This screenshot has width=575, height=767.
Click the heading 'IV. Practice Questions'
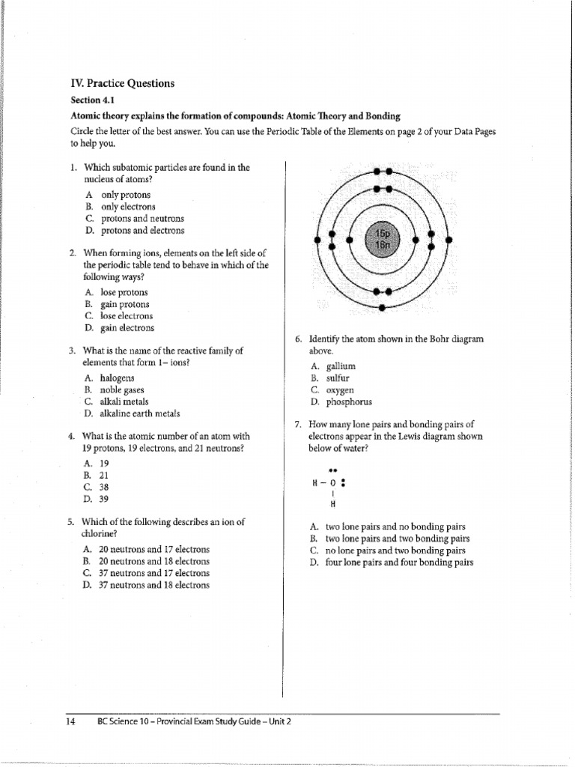[x=123, y=84]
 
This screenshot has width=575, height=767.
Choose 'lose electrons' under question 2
[x=124, y=316]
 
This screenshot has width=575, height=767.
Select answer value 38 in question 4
[x=105, y=486]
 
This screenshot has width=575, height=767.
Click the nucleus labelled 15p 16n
[x=383, y=240]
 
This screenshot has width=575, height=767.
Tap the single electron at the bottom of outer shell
[x=383, y=307]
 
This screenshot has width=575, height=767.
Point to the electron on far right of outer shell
[x=449, y=240]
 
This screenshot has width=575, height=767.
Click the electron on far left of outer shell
[x=317, y=240]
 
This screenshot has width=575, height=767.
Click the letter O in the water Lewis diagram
[x=332, y=483]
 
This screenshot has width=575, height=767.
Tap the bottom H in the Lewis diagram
[x=332, y=503]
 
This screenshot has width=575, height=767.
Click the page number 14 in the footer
[x=71, y=721]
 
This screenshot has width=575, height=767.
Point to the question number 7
[x=297, y=424]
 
